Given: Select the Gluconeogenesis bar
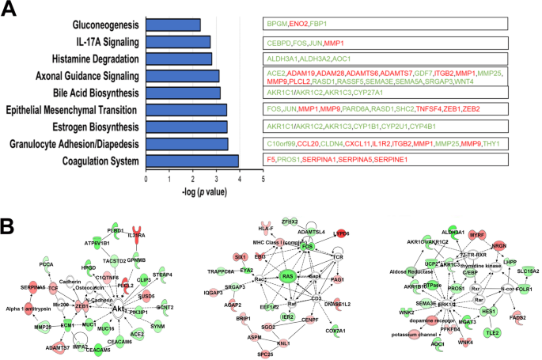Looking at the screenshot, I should click(173, 25).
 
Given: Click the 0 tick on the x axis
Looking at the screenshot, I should click(146, 180).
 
